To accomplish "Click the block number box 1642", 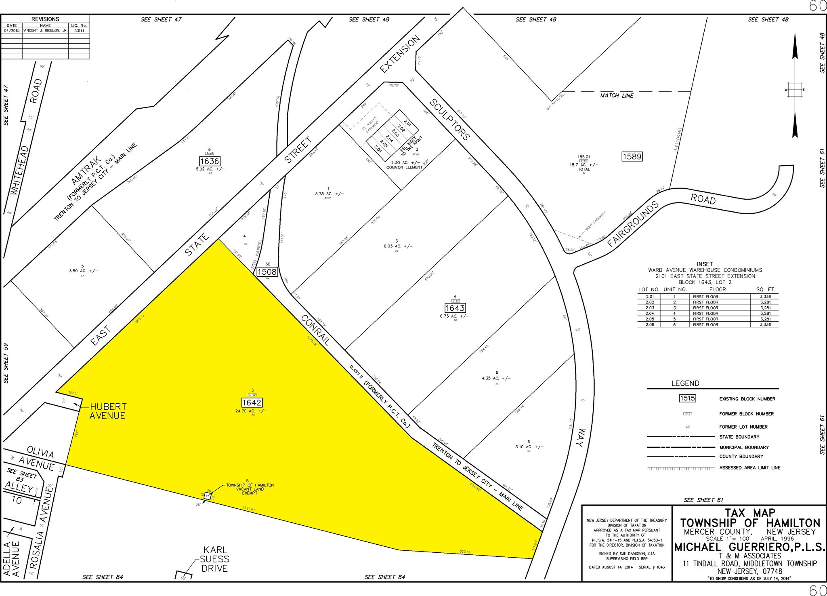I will click(252, 402).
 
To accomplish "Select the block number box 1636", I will click(209, 161).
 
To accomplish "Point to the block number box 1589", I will click(632, 156).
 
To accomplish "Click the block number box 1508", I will click(267, 272).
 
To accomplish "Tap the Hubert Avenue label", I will click(108, 411).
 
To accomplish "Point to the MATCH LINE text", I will click(617, 96).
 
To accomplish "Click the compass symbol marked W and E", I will click(794, 89).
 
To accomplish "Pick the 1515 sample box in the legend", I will click(687, 398).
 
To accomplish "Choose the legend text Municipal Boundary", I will click(744, 447).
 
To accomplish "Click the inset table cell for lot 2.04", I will click(649, 313).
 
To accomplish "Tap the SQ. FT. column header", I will click(766, 289).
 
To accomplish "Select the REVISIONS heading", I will click(45, 19).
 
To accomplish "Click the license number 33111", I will click(79, 30).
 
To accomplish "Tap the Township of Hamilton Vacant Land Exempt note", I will click(250, 489).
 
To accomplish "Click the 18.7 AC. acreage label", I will click(584, 165).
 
